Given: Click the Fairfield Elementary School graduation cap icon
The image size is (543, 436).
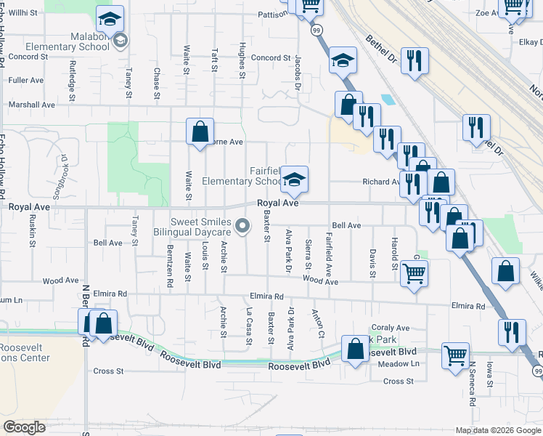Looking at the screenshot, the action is click(x=294, y=179).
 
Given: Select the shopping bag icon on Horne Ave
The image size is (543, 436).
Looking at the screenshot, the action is click(x=200, y=132).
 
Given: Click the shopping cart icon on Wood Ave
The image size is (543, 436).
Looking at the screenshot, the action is click(x=414, y=274).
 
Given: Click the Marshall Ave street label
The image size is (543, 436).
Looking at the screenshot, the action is click(x=31, y=105).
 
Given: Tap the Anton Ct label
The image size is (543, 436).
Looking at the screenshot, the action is click(x=318, y=323).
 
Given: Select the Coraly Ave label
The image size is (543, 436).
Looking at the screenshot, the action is click(x=391, y=328).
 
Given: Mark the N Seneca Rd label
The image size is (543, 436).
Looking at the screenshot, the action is click(x=472, y=384).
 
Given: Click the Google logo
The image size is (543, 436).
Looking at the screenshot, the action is click(x=24, y=427).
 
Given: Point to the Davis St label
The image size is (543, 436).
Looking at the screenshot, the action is click(x=372, y=263).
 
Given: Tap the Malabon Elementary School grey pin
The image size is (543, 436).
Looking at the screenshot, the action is click(x=120, y=40).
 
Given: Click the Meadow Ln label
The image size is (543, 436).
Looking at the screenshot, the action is click(x=399, y=363).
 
